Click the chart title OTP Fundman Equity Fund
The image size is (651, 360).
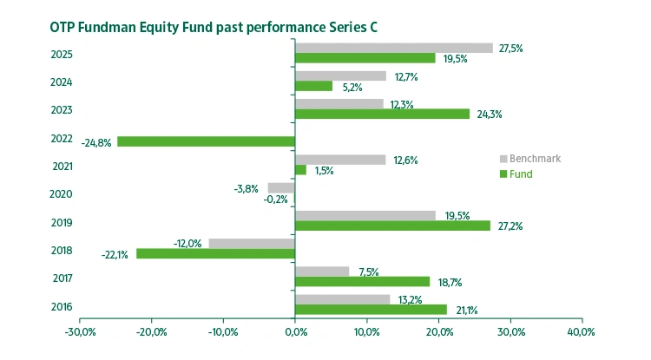coord(213,26)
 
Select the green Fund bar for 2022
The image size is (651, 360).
coord(207,141)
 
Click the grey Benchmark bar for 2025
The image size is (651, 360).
coord(394,48)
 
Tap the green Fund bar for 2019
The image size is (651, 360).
coord(392,226)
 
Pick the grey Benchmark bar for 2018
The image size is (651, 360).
coord(252,243)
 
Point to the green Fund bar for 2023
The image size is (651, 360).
coord(382,114)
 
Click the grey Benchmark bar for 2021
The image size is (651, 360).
coord(340,160)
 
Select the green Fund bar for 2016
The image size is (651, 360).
coord(371,310)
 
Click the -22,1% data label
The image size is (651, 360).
coord(115,254)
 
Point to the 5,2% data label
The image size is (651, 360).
coord(351,87)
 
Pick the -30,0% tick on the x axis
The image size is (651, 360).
coord(80,332)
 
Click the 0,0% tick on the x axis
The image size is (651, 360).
coord(295,332)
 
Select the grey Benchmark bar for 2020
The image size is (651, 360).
coord(281,187)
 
